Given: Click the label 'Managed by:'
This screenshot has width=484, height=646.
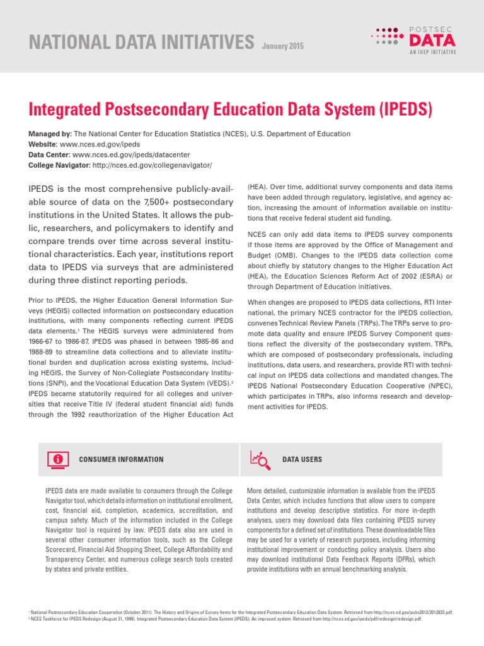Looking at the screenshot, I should click(x=50, y=134).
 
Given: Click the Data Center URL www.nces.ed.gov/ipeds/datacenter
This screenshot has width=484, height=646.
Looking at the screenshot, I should click(x=122, y=155).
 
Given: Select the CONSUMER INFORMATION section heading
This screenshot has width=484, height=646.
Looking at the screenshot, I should click(x=121, y=459).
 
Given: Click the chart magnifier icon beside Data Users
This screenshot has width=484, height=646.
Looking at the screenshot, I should click(x=260, y=459).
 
